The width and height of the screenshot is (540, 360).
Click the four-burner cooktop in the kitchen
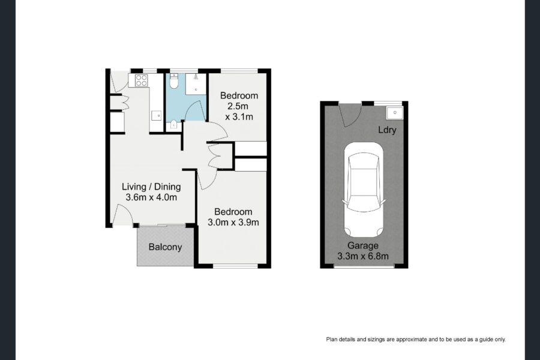[x=142, y=80]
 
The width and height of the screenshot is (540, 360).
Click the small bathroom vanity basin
[x=173, y=125]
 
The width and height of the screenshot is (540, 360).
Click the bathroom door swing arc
[x=195, y=110]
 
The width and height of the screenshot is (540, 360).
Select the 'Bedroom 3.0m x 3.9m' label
[x=233, y=217]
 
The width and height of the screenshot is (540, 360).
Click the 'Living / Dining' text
[x=151, y=186]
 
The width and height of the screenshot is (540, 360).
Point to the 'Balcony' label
[x=165, y=247]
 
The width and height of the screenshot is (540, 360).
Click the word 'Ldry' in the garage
[x=387, y=130]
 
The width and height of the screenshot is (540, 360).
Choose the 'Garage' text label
[x=363, y=245]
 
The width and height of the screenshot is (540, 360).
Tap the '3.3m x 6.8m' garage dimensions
[x=363, y=256]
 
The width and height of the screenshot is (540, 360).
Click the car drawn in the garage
[x=363, y=192]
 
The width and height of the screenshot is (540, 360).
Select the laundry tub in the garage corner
[x=394, y=112]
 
